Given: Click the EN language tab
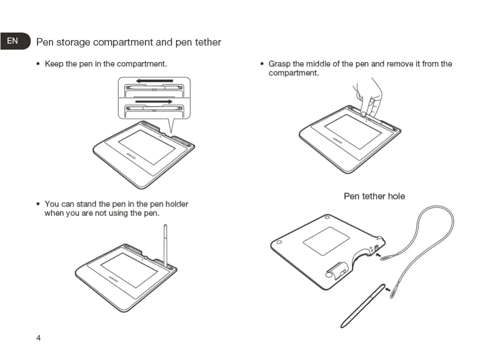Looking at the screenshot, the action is coord(12,41).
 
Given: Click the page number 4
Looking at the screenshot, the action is coord(38,338).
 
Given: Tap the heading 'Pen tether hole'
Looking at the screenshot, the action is coord(374,196).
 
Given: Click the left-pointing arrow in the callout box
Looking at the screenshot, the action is coord(154,80).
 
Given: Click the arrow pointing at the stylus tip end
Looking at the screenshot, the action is coord(388,289).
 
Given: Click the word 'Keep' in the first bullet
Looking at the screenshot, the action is coord(54,64).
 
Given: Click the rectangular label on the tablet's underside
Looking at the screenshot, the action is coord(326,240).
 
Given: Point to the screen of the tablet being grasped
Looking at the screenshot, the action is coord(353,130).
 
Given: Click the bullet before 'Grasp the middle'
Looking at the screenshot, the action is coord(262,64).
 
